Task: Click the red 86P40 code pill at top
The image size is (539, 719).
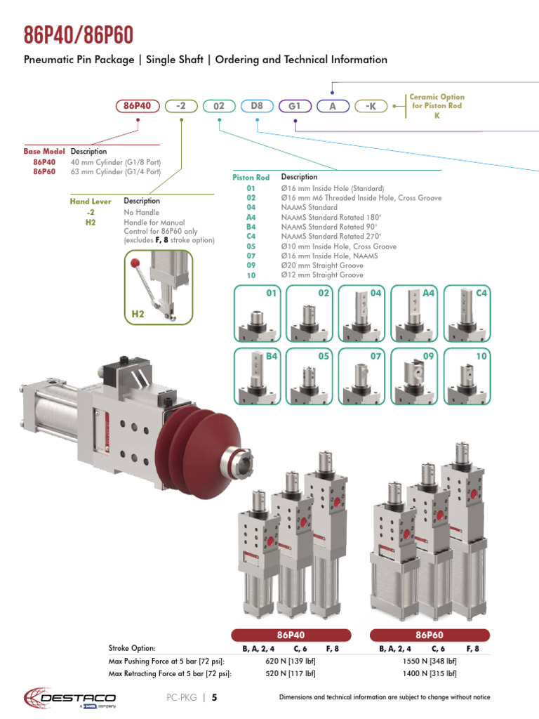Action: click(138, 106)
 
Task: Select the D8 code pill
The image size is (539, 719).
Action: click(257, 106)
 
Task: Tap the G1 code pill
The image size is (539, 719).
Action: click(295, 106)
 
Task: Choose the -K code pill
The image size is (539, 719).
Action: click(371, 106)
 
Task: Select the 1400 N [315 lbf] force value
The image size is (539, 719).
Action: click(430, 673)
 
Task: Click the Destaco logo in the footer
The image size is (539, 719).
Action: click(70, 697)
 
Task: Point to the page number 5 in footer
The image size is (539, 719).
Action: click(214, 698)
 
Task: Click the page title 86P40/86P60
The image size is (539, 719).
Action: click(79, 34)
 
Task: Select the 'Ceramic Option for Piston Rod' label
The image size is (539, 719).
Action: click(437, 106)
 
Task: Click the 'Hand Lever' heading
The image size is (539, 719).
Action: click(90, 202)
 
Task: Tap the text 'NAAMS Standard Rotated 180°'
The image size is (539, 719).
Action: click(328, 218)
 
